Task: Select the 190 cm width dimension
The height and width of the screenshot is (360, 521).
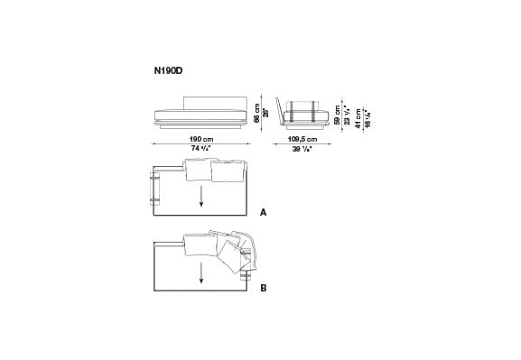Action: pos(201,139)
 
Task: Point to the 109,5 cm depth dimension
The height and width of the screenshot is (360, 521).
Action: pos(302,139)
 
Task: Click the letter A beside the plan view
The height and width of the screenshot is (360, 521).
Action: pos(263,214)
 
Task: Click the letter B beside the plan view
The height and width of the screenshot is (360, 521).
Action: pos(263,289)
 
